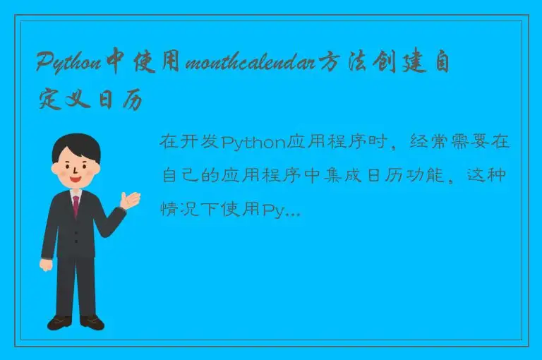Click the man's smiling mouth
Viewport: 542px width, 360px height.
point(76,179)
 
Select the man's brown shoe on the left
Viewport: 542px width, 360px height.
point(59,323)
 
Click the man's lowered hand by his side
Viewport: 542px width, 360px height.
point(46,265)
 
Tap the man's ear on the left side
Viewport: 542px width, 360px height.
point(56,167)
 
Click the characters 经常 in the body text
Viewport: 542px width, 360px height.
point(424,142)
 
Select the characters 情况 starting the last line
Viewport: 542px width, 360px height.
point(179,210)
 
